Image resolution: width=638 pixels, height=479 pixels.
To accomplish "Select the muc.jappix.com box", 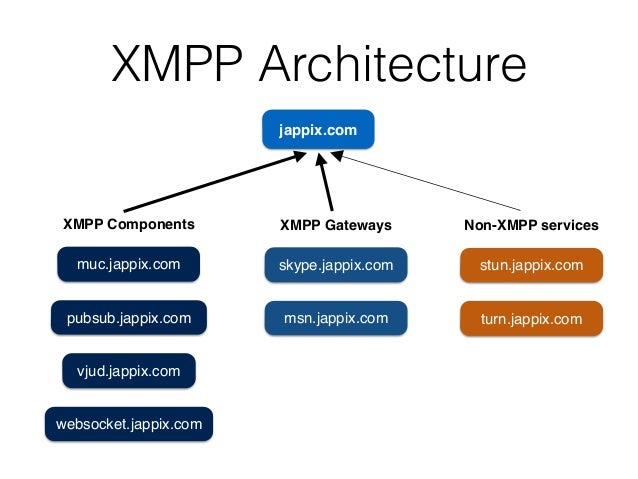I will (x=128, y=265).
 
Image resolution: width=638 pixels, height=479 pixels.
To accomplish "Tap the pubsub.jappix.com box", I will (x=128, y=319).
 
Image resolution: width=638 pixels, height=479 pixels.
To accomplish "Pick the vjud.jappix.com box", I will (x=128, y=371).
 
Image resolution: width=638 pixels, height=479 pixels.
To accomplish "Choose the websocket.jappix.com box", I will (x=128, y=424).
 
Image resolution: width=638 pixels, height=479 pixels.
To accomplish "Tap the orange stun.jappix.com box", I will (x=531, y=265).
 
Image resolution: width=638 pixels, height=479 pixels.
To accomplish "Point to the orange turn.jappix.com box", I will (x=531, y=319).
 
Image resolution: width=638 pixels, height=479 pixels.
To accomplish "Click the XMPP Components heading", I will (x=129, y=224).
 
